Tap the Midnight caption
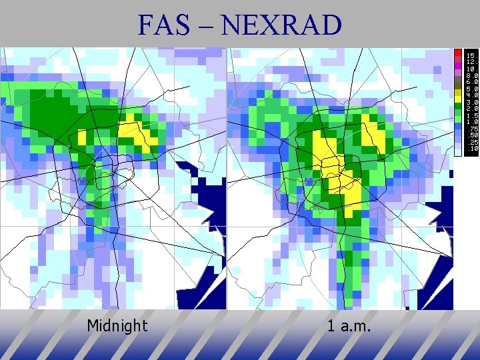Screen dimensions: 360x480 click(x=117, y=326)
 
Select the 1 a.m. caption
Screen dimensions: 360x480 click(x=349, y=326)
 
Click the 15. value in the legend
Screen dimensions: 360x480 click(x=471, y=55)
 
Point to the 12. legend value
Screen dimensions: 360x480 click(x=471, y=61)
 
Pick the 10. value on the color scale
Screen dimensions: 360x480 click(x=471, y=69)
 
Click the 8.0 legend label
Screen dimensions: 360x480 click(x=471, y=75)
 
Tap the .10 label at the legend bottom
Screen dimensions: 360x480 click(x=471, y=149)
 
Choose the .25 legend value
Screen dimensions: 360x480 click(x=471, y=142)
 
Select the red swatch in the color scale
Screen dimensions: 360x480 click(x=458, y=52)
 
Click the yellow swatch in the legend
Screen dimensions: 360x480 click(x=458, y=98)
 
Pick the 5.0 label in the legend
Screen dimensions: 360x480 click(x=471, y=89)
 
